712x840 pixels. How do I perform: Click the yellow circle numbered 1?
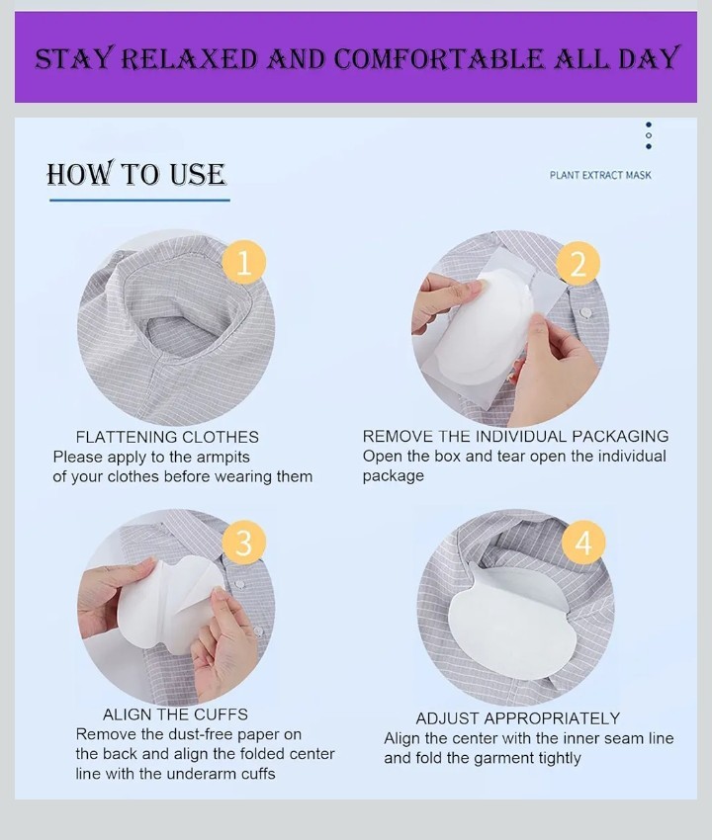point(244,263)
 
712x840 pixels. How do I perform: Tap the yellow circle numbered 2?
point(578,263)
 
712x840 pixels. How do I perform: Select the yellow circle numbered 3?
point(244,542)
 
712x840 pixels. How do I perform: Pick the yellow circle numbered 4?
point(583,542)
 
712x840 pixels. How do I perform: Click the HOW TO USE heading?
point(136,174)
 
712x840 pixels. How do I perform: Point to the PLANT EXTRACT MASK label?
point(600,175)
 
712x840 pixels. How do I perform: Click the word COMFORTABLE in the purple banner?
point(438,58)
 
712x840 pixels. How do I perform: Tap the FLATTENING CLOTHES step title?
point(167,437)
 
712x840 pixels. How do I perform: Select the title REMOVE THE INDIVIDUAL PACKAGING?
point(516,436)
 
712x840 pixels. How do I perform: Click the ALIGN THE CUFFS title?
point(175,714)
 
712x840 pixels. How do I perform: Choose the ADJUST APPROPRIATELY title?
point(518,717)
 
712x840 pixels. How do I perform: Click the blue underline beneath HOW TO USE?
point(140,201)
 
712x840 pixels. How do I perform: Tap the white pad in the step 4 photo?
point(509,616)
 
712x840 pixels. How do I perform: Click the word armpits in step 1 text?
point(223,458)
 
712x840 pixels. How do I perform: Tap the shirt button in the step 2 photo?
point(586,312)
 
